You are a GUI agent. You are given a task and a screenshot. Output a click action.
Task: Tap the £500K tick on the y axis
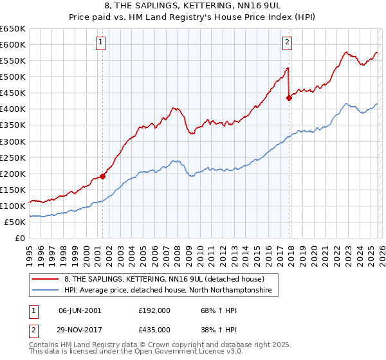click(x=13, y=77)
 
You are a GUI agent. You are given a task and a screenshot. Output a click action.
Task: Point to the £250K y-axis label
click(x=13, y=157)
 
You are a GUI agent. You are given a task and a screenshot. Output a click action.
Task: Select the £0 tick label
click(x=19, y=239)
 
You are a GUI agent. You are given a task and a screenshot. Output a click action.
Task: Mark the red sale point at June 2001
click(x=102, y=176)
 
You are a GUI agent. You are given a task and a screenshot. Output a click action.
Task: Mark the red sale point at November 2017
click(x=289, y=98)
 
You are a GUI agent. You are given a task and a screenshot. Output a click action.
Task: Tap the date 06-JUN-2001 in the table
click(x=80, y=310)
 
